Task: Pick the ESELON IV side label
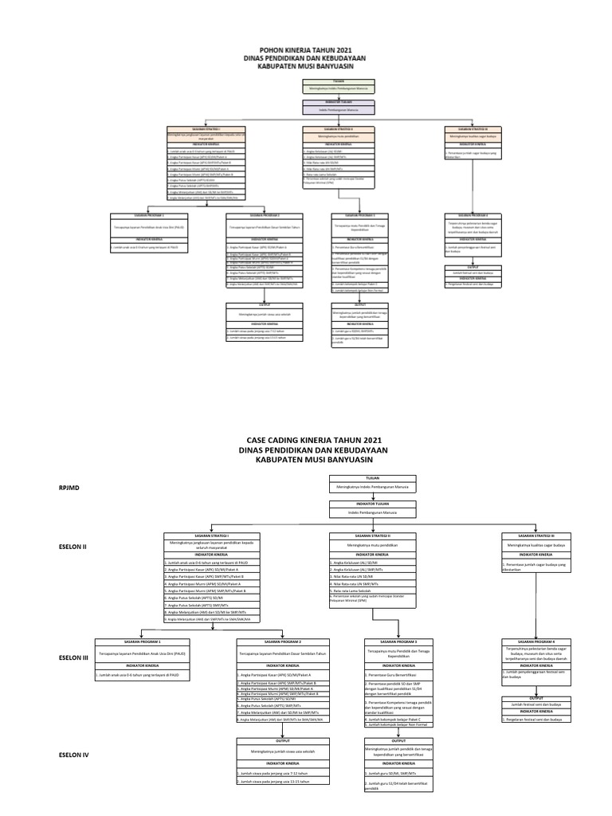pos(73,753)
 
